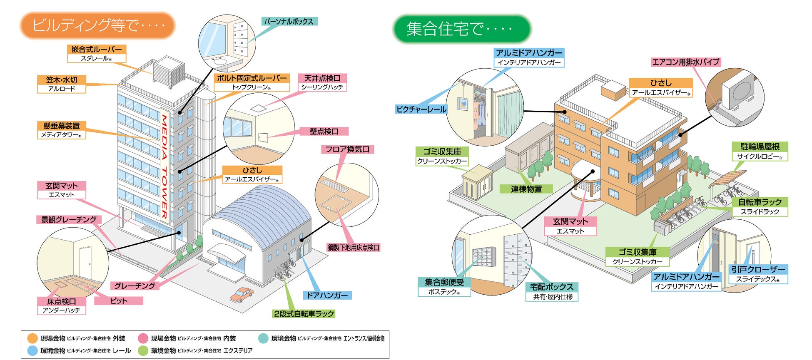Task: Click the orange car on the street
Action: pyautogui.click(x=242, y=294)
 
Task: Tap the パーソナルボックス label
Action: pyautogui.click(x=289, y=21)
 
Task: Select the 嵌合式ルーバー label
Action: pyautogui.click(x=97, y=50)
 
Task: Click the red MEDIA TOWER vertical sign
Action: pyautogui.click(x=165, y=166)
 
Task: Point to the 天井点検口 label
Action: pyautogui.click(x=322, y=78)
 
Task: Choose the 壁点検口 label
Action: pyautogui.click(x=324, y=132)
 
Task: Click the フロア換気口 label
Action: pyautogui.click(x=347, y=149)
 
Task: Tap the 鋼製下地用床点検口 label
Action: pyautogui.click(x=354, y=248)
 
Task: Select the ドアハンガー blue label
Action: pyautogui.click(x=327, y=295)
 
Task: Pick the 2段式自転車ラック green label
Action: pyautogui.click(x=304, y=314)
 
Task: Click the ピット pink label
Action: pyautogui.click(x=119, y=300)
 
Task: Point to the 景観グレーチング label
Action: pyautogui.click(x=69, y=219)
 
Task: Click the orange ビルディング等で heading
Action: pyautogui.click(x=98, y=25)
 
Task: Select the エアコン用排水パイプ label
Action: pyautogui.click(x=685, y=62)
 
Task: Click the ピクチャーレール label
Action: pyautogui.click(x=421, y=109)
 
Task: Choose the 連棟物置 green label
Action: pyautogui.click(x=526, y=189)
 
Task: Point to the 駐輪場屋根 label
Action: pyautogui.click(x=760, y=146)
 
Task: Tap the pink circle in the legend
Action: pyautogui.click(x=143, y=338)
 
